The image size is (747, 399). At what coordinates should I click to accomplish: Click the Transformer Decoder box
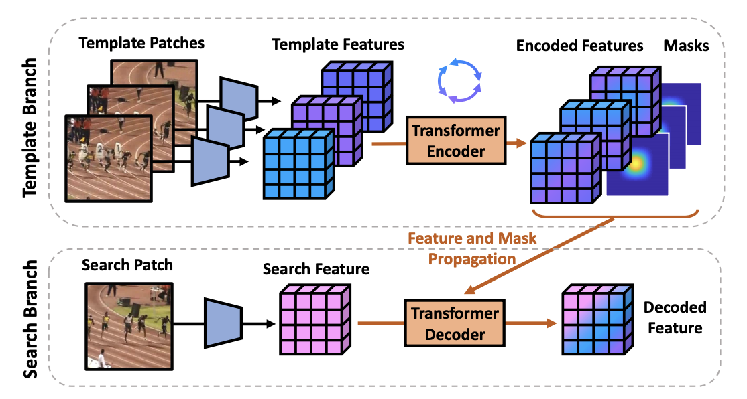coord(455,323)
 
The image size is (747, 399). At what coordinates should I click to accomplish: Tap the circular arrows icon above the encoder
coord(459,80)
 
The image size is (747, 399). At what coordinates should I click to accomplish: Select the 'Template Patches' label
coord(141,44)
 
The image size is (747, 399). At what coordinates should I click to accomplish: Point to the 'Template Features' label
coord(338,45)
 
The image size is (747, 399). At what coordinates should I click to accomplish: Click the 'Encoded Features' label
coord(579,46)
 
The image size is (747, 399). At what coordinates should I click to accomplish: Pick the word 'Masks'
coord(686,46)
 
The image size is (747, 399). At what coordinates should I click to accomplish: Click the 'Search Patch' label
coord(127,265)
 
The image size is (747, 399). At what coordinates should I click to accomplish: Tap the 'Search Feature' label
coord(316,269)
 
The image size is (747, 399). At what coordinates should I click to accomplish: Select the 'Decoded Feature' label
coord(675,317)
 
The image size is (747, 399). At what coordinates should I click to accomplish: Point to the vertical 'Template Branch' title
coord(31,127)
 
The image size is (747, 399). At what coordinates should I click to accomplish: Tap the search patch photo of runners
coord(127,325)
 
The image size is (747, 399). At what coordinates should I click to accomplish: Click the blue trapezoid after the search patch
coord(221,324)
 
